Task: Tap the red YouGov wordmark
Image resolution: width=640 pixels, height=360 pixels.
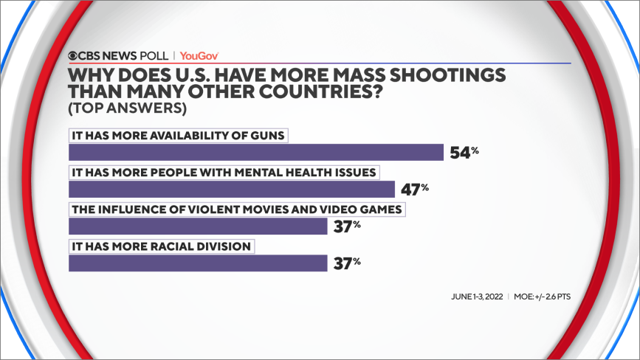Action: click(199, 55)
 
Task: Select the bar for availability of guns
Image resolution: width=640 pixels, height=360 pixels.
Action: click(255, 152)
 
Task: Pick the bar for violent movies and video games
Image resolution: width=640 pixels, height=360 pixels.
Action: click(197, 226)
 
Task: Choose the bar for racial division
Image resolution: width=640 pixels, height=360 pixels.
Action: click(197, 263)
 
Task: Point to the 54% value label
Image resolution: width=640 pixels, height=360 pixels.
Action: click(464, 152)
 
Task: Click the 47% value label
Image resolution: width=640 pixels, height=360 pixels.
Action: click(415, 189)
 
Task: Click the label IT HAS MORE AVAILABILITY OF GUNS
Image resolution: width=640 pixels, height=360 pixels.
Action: click(177, 135)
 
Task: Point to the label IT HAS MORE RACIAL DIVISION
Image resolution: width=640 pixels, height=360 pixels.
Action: click(161, 246)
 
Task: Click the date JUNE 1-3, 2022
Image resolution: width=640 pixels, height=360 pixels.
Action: click(477, 297)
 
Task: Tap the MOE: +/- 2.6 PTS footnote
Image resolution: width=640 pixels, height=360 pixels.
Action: click(543, 297)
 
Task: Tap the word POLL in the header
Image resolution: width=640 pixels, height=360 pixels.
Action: click(153, 55)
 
